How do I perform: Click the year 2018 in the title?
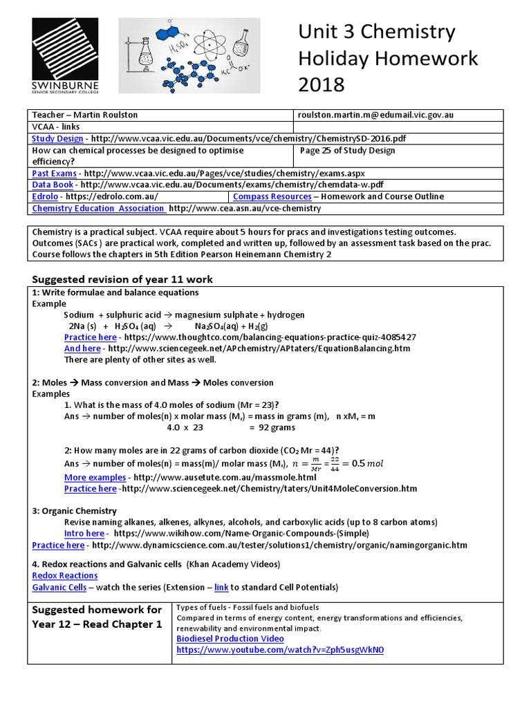[321, 85]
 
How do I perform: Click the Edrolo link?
[46, 196]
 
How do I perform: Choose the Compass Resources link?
[272, 196]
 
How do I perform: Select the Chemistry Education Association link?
[98, 208]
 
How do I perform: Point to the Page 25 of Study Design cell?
[348, 151]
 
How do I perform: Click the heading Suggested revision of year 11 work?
[123, 279]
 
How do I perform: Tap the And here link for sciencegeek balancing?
[82, 348]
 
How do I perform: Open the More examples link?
[95, 477]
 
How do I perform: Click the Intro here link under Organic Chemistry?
[84, 533]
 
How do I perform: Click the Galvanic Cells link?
[59, 587]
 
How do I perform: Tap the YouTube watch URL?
[280, 651]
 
